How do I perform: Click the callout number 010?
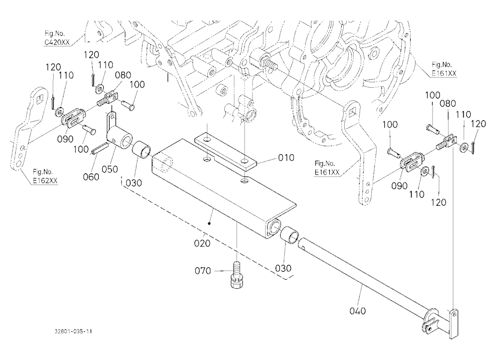click(x=286, y=158)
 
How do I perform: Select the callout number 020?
click(x=202, y=243)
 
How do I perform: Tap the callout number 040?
click(x=358, y=311)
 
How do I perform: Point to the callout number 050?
click(x=110, y=169)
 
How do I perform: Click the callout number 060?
click(x=91, y=177)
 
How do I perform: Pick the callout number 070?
click(x=203, y=271)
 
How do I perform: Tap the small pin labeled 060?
click(x=100, y=148)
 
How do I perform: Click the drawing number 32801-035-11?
click(x=73, y=332)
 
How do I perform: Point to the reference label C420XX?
click(x=57, y=42)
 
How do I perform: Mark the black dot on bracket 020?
click(x=209, y=223)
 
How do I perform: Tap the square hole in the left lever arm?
click(x=40, y=99)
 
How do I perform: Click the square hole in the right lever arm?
click(x=353, y=111)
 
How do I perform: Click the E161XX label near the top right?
click(x=444, y=73)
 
